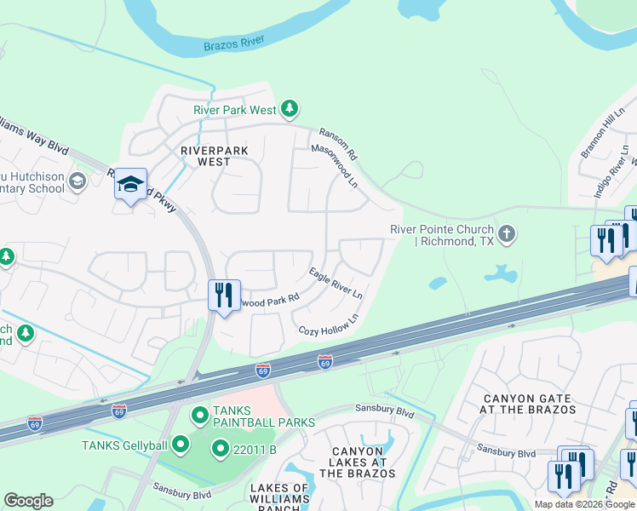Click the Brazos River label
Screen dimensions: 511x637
coord(234,43)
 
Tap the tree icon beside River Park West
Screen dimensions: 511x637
coord(290,108)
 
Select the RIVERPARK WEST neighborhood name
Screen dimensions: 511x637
coord(215,156)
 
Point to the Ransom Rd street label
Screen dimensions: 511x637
coord(338,146)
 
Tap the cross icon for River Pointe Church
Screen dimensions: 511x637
coord(507,233)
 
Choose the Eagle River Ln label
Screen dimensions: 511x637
coord(336,283)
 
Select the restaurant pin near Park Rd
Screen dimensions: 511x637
coord(225,296)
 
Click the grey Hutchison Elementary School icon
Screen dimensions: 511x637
coord(77,181)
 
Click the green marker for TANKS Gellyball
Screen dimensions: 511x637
coord(180,444)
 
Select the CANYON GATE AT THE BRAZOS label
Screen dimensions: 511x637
coord(529,404)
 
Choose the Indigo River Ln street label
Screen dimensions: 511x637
coord(610,179)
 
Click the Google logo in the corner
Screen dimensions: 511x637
coord(28,501)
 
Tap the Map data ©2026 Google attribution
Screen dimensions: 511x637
coord(585,504)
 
